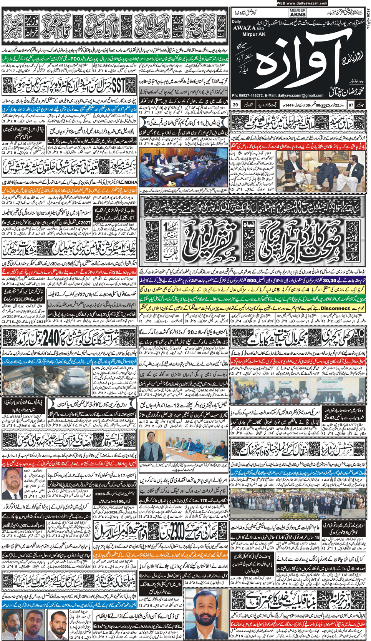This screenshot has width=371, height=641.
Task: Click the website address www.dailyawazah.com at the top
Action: [301, 3]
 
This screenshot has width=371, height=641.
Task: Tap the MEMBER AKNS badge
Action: [298, 13]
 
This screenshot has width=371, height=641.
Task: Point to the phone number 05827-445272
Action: [252, 95]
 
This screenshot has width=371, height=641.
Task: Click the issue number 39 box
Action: [235, 105]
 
